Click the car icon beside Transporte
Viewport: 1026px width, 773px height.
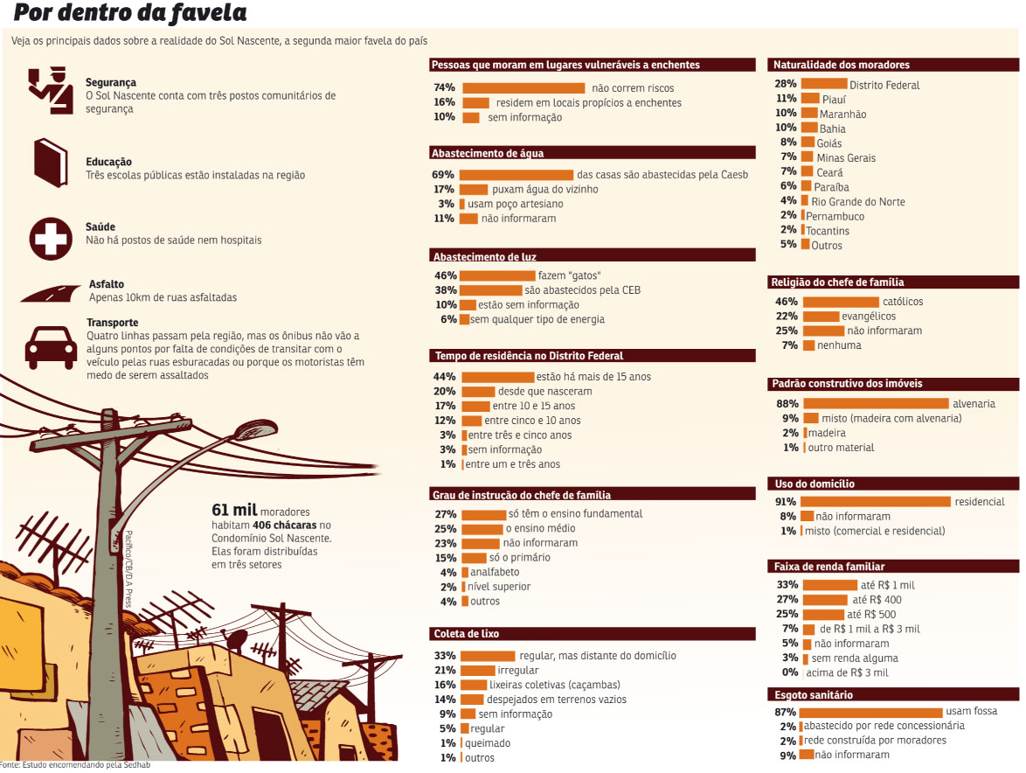pyautogui.click(x=51, y=347)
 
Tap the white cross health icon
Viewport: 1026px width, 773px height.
pyautogui.click(x=51, y=239)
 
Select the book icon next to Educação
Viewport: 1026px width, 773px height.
pyautogui.click(x=51, y=163)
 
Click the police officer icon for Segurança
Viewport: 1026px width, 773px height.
pyautogui.click(x=51, y=90)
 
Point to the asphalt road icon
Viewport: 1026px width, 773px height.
pyautogui.click(x=51, y=293)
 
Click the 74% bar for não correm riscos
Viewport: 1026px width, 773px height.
pyautogui.click(x=523, y=87)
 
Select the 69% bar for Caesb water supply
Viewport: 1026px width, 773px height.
pyautogui.click(x=516, y=175)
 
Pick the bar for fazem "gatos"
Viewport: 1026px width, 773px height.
pyautogui.click(x=497, y=275)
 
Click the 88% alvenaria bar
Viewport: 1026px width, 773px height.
pyautogui.click(x=877, y=404)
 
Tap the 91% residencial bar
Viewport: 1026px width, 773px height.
pyautogui.click(x=876, y=501)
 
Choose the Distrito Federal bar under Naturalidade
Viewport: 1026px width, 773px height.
pyautogui.click(x=824, y=84)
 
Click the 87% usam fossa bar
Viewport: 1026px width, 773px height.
pyautogui.click(x=871, y=712)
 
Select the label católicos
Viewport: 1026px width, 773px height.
pyautogui.click(x=903, y=302)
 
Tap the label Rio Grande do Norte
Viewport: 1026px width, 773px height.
pyautogui.click(x=858, y=202)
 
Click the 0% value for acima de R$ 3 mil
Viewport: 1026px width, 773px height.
pyautogui.click(x=790, y=672)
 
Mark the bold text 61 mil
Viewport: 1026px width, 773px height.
pyautogui.click(x=234, y=510)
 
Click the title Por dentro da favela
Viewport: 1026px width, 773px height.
pyautogui.click(x=130, y=13)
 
